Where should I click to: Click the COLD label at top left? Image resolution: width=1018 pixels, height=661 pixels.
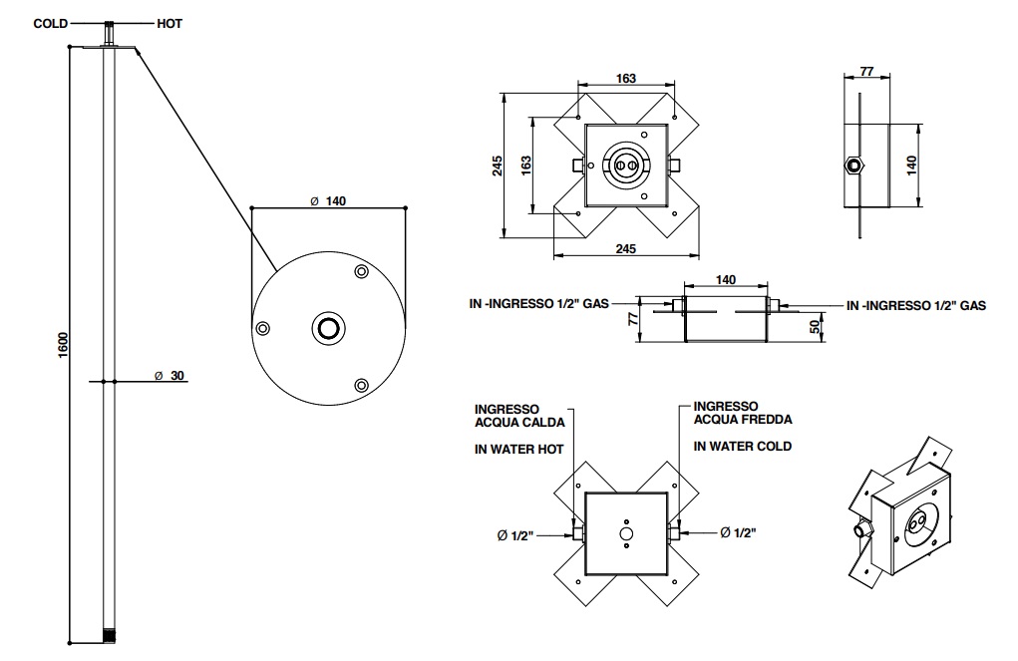point(51,23)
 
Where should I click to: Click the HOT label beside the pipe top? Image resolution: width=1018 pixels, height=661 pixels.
point(169,23)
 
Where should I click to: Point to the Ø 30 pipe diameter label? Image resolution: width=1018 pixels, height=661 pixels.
point(171,376)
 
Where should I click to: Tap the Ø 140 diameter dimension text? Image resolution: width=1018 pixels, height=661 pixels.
point(328,200)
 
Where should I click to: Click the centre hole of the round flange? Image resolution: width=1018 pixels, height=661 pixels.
point(328,327)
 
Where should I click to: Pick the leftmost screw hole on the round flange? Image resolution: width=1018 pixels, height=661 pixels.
point(263,328)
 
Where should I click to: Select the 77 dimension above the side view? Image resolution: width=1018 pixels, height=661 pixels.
point(865,72)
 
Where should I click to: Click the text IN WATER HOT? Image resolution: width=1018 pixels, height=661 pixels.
point(518,450)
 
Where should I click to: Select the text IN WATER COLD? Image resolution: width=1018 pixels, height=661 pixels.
point(743,446)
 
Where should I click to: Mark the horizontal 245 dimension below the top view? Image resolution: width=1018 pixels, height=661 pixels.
point(625,248)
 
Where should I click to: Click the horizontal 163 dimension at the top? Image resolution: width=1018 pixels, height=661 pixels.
point(625,79)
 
